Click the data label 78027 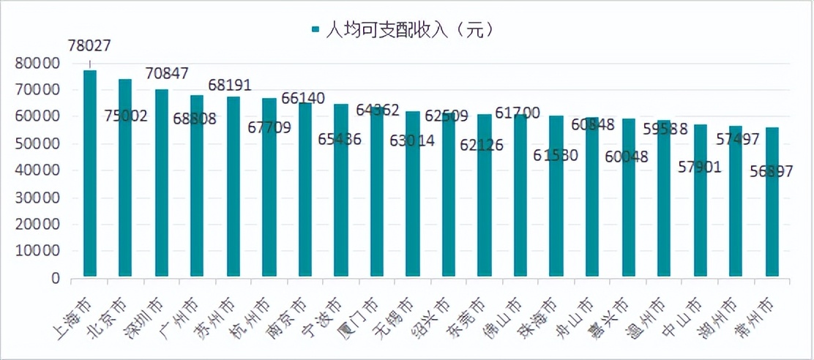pyautogui.click(x=89, y=45)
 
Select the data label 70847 pyautogui.click(x=167, y=73)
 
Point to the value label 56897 pyautogui.click(x=777, y=171)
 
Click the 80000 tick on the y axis pyautogui.click(x=37, y=64)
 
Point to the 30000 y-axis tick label pyautogui.click(x=37, y=198)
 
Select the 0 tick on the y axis pyautogui.click(x=55, y=279)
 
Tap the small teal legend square pyautogui.click(x=316, y=30)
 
